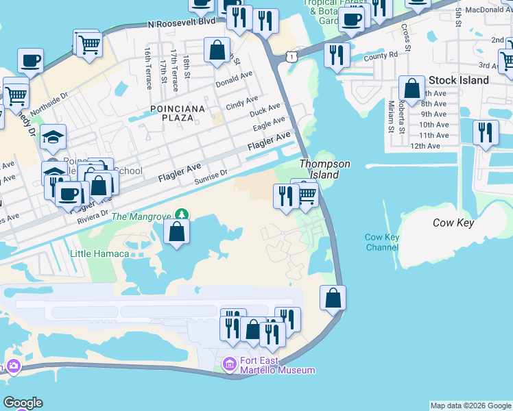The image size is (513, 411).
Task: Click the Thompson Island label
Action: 324,169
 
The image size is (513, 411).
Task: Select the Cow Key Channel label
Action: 382,242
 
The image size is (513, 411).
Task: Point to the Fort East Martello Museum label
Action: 277,365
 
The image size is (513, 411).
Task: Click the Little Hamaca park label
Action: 99,253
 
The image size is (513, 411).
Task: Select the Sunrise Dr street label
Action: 211,176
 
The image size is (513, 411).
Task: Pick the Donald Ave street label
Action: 234,79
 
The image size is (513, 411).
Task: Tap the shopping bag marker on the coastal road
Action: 333,297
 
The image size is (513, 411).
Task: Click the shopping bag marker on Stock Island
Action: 411,88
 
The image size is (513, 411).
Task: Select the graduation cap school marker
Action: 53,136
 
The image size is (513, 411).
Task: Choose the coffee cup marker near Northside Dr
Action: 30,60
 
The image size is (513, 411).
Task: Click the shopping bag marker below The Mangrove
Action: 177,231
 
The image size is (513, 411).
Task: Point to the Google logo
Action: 23,403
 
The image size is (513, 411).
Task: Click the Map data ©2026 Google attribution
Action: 470,406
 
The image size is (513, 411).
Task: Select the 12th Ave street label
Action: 425,146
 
